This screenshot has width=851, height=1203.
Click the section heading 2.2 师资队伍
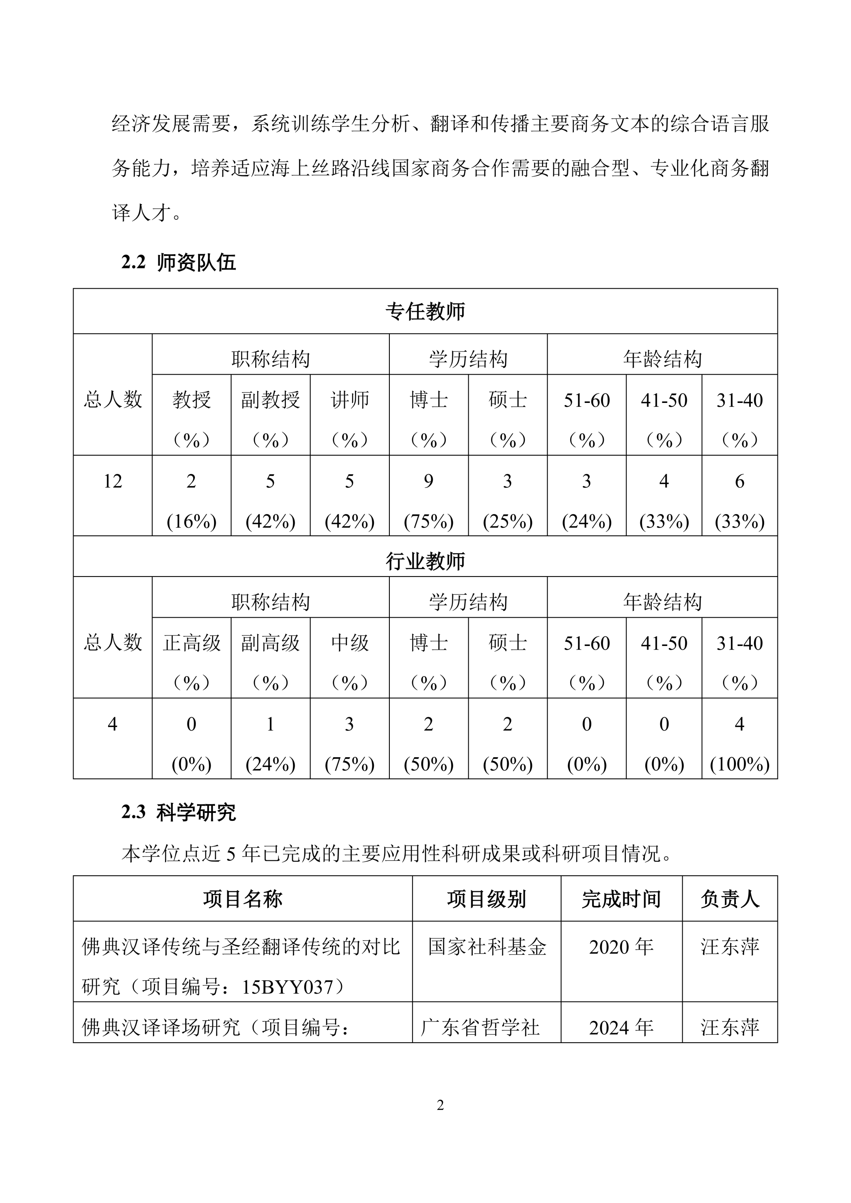click(x=179, y=263)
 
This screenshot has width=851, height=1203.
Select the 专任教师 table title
click(x=425, y=312)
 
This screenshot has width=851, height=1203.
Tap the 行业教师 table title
click(x=425, y=561)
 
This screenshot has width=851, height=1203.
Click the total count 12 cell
click(x=113, y=481)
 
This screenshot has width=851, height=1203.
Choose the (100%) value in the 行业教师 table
click(x=739, y=764)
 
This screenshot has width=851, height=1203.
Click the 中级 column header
click(x=349, y=643)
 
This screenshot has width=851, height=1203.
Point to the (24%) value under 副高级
click(x=271, y=764)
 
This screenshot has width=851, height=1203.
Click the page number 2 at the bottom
click(x=440, y=1105)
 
